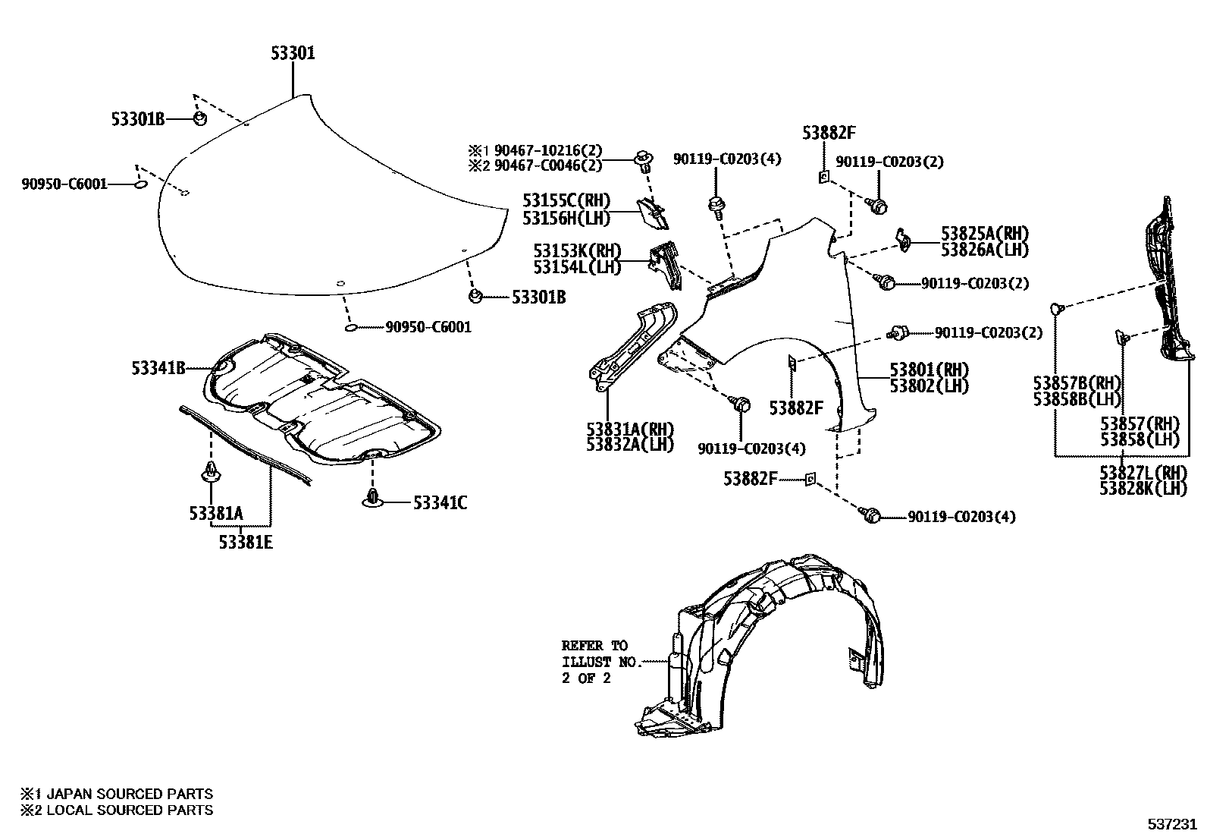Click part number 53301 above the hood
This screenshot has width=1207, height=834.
(x=293, y=53)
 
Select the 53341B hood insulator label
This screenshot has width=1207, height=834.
(x=158, y=369)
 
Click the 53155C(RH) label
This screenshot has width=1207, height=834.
(x=566, y=201)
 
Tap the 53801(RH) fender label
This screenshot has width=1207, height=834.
(x=929, y=370)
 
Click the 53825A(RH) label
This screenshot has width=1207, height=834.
(x=985, y=233)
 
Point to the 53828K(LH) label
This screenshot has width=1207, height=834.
(x=1143, y=489)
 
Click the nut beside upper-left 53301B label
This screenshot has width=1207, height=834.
(x=199, y=119)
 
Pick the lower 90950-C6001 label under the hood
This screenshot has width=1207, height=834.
(x=428, y=327)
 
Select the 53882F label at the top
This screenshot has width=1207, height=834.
(x=829, y=134)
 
